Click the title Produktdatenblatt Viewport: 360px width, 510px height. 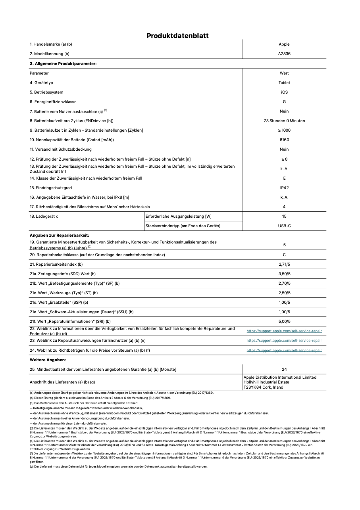(x=177, y=36)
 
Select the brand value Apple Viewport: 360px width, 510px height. (x=284, y=44)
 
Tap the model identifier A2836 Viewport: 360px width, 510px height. (x=284, y=54)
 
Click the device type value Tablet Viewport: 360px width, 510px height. (x=284, y=83)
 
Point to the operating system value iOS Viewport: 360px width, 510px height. (x=284, y=92)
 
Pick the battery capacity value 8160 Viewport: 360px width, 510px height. (x=284, y=140)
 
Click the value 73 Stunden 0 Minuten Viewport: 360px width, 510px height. (x=284, y=121)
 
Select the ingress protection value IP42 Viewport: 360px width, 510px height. (x=284, y=188)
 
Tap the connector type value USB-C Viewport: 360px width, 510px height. (x=284, y=226)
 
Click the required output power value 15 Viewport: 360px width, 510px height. (x=284, y=217)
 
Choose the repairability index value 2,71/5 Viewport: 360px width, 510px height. (x=284, y=265)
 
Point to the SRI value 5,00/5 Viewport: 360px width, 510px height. (x=284, y=322)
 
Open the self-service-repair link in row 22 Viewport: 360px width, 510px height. (x=284, y=331)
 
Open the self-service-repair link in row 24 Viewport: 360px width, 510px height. (x=284, y=351)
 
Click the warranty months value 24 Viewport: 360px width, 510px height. (x=284, y=370)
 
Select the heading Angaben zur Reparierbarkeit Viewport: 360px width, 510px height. (x=59, y=236)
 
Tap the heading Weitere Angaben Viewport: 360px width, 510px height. (x=48, y=360)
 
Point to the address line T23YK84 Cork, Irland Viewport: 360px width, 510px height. (x=263, y=387)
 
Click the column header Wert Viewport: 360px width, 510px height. (x=284, y=73)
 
